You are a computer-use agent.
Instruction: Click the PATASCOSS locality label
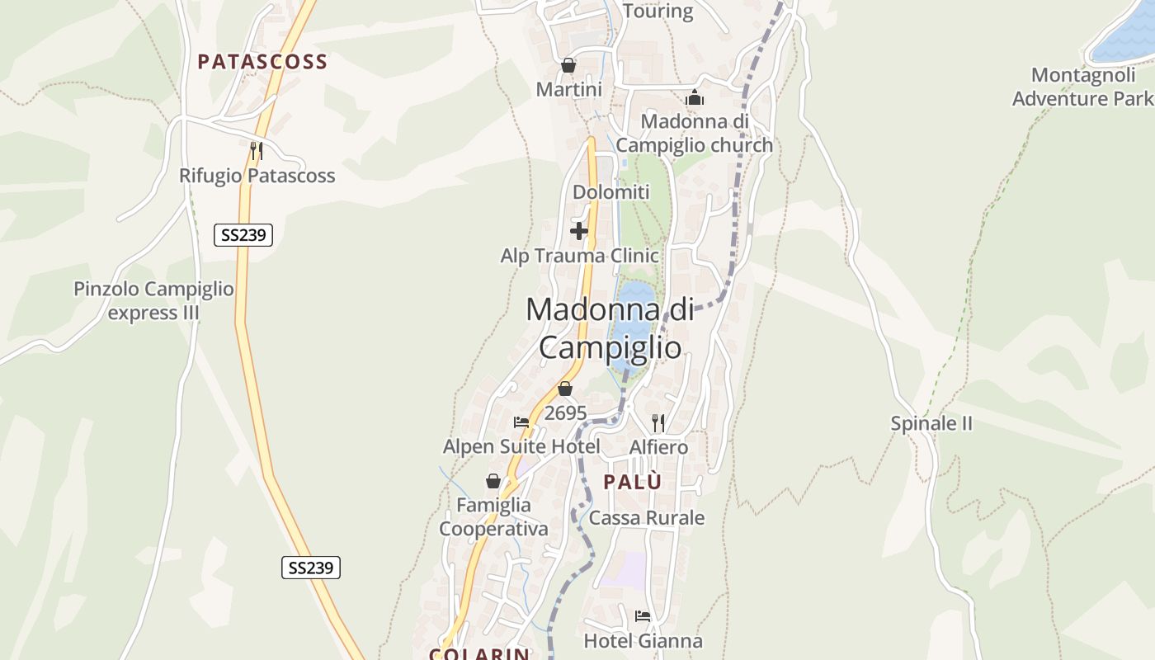pyautogui.click(x=262, y=62)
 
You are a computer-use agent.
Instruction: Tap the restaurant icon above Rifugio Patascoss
pyautogui.click(x=257, y=150)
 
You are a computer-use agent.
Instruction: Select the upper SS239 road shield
pyautogui.click(x=243, y=235)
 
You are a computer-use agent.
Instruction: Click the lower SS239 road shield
pyautogui.click(x=311, y=568)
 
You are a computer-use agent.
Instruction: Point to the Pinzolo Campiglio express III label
pyautogui.click(x=154, y=301)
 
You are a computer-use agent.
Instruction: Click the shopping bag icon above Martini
pyautogui.click(x=568, y=65)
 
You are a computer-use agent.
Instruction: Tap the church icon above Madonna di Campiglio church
pyautogui.click(x=695, y=97)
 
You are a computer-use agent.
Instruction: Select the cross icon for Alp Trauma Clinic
pyautogui.click(x=579, y=231)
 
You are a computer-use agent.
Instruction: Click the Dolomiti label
pyautogui.click(x=611, y=192)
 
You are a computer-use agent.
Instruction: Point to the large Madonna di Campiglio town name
pyautogui.click(x=610, y=328)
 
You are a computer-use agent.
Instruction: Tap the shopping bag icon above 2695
pyautogui.click(x=565, y=389)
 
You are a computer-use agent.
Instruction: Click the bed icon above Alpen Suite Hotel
pyautogui.click(x=521, y=422)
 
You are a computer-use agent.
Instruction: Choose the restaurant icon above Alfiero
pyautogui.click(x=658, y=423)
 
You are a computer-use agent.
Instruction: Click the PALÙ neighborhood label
pyautogui.click(x=633, y=483)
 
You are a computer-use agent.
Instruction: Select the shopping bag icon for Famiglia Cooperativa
pyautogui.click(x=493, y=481)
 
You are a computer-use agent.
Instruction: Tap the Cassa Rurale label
pyautogui.click(x=647, y=518)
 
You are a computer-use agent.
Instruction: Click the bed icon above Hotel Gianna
pyautogui.click(x=643, y=616)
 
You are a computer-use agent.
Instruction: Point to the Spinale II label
pyautogui.click(x=931, y=424)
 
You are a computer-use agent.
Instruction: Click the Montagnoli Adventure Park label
pyautogui.click(x=1082, y=87)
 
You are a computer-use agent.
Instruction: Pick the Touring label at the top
pyautogui.click(x=658, y=11)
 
